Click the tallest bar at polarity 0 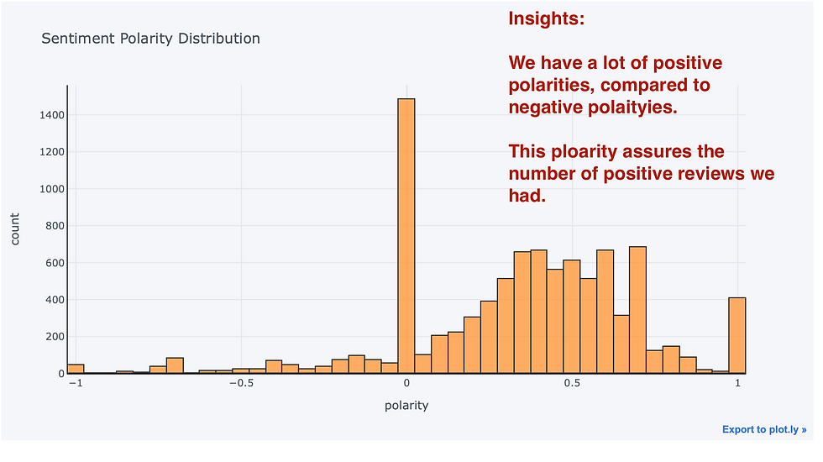pos(406,235)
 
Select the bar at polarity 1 pos(737,335)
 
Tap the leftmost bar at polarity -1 pos(76,369)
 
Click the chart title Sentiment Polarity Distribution pos(150,39)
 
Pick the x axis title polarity pos(406,405)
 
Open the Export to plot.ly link pos(763,430)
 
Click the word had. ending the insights pos(527,197)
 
